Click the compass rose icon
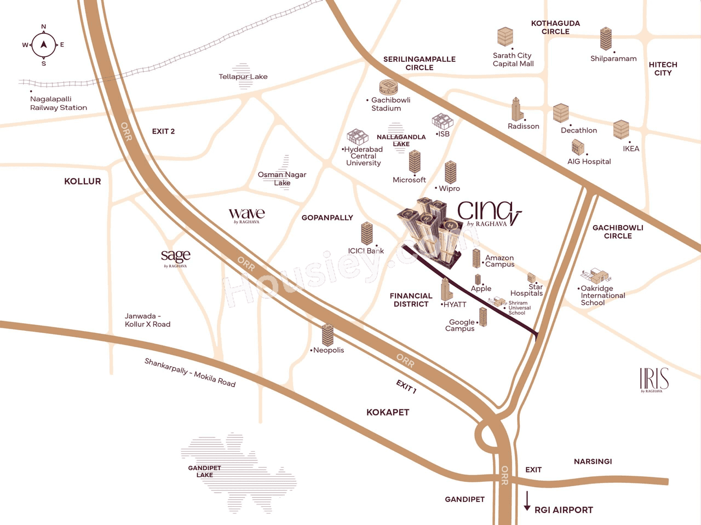44,45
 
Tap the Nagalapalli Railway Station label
58,103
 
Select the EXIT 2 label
163,131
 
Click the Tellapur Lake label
243,77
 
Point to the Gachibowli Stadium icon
388,87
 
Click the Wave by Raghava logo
246,215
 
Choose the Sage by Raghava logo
175,257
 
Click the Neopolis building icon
327,334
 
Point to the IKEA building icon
620,130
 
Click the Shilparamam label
613,59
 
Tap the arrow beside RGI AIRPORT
527,501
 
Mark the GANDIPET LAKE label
204,471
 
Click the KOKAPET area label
388,412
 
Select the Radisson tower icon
516,109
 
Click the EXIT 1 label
406,386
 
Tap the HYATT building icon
446,289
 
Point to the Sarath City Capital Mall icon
505,37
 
